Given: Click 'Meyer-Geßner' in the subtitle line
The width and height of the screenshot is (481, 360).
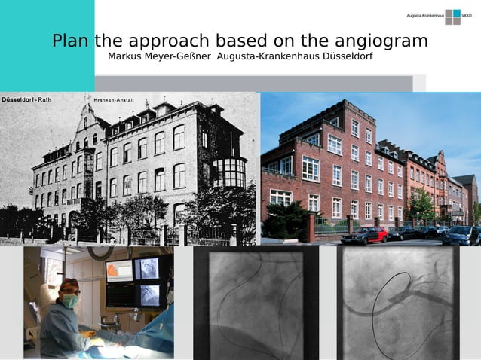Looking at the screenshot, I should pyautogui.click(x=180, y=57).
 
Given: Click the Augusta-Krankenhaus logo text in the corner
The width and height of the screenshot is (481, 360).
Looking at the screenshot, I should pyautogui.click(x=424, y=15).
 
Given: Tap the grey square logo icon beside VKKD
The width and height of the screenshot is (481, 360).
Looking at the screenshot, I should pyautogui.click(x=452, y=16).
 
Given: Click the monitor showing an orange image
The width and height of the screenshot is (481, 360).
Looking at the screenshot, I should pyautogui.click(x=118, y=269).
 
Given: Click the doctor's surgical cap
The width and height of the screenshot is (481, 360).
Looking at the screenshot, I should pyautogui.click(x=69, y=285).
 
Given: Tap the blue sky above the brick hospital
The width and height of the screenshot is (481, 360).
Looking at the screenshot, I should pyautogui.click(x=422, y=121).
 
